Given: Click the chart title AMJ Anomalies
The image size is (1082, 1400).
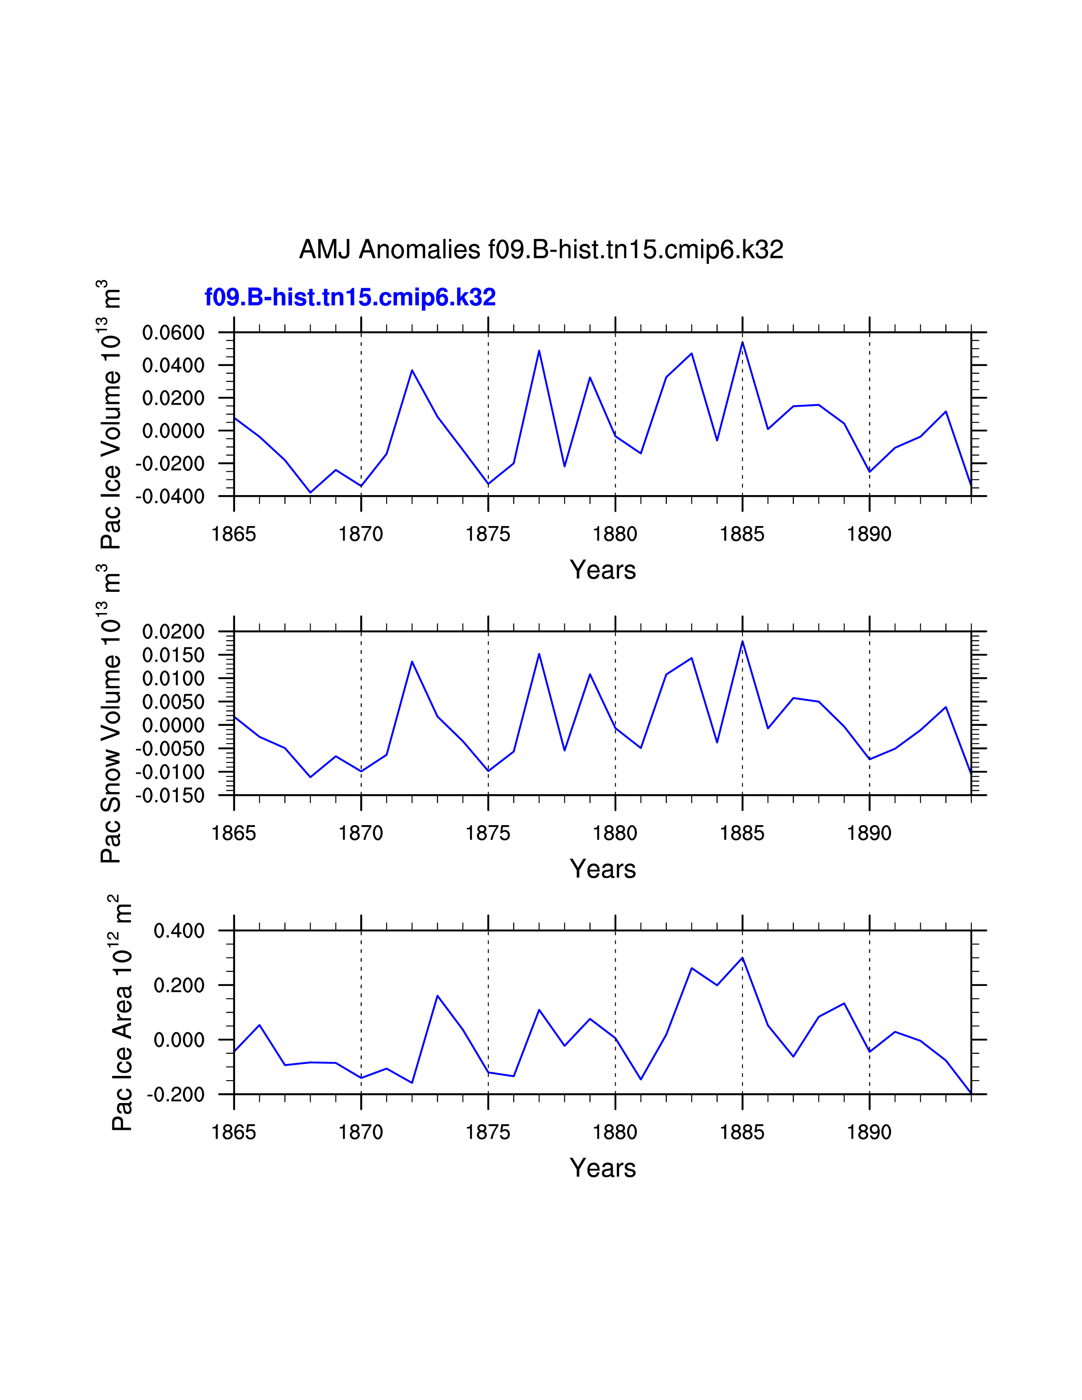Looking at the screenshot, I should click(x=541, y=249).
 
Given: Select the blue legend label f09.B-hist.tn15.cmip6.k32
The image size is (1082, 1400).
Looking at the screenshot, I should click(x=350, y=297).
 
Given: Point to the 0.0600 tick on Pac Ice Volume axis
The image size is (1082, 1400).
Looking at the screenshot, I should click(x=173, y=333).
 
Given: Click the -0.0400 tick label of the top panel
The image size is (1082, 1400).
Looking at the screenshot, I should click(x=169, y=496).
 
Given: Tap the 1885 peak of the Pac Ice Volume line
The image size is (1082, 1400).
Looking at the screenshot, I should click(x=742, y=342).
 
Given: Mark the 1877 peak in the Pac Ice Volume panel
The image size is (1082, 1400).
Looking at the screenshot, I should click(x=539, y=351).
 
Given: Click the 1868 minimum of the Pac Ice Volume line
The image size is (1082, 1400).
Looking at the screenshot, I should click(x=310, y=492).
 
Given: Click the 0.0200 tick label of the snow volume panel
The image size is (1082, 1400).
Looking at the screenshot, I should click(x=173, y=632).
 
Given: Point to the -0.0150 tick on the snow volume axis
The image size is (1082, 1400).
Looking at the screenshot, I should click(x=169, y=795).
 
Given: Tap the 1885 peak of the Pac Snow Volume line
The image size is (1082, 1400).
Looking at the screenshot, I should click(x=742, y=641).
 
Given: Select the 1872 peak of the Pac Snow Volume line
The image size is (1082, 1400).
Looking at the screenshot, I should click(x=412, y=661).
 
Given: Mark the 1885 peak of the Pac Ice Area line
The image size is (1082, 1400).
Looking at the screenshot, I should click(x=742, y=958).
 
